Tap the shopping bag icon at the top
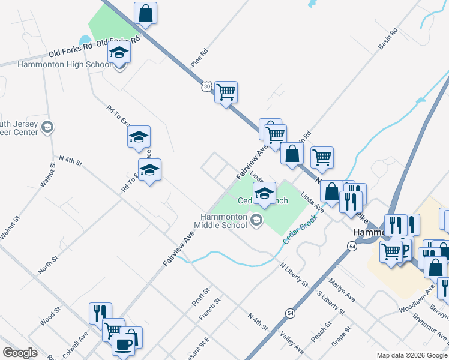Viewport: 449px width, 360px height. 145,13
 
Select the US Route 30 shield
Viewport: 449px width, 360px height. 206,87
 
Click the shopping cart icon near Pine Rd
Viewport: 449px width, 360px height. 226,92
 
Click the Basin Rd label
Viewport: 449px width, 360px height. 388,38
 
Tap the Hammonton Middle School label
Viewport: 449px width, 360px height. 220,221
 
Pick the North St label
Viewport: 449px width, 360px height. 48,265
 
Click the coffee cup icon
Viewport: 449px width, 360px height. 124,344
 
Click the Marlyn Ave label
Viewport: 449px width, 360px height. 342,290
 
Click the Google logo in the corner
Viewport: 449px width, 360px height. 20,352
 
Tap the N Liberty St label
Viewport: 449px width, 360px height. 293,273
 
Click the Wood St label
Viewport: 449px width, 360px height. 51,317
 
